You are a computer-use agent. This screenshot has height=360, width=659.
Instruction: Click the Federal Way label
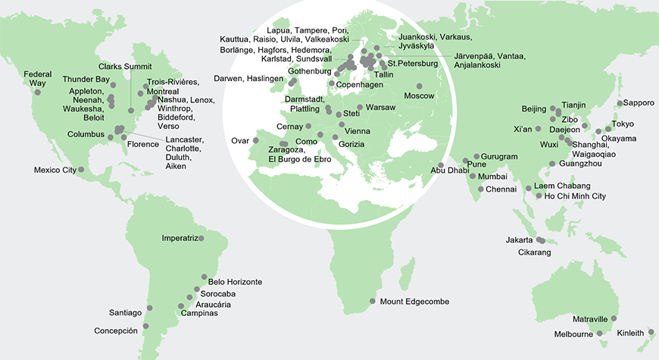coord(37,79)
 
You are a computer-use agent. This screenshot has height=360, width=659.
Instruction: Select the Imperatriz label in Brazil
coord(180,238)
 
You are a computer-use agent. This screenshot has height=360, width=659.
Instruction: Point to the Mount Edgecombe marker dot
coord(372,302)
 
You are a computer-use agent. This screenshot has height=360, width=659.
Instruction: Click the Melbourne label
coord(572,333)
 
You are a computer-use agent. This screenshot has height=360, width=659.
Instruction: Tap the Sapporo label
coord(639,102)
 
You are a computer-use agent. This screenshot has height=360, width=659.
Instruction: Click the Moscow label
coord(419,96)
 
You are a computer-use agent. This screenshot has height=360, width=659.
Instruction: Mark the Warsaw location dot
coord(360,108)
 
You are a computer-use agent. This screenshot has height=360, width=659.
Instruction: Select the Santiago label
coord(125,312)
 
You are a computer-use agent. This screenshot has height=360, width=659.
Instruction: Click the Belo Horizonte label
coord(235,282)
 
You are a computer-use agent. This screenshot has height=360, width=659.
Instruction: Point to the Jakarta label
coord(519,240)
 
